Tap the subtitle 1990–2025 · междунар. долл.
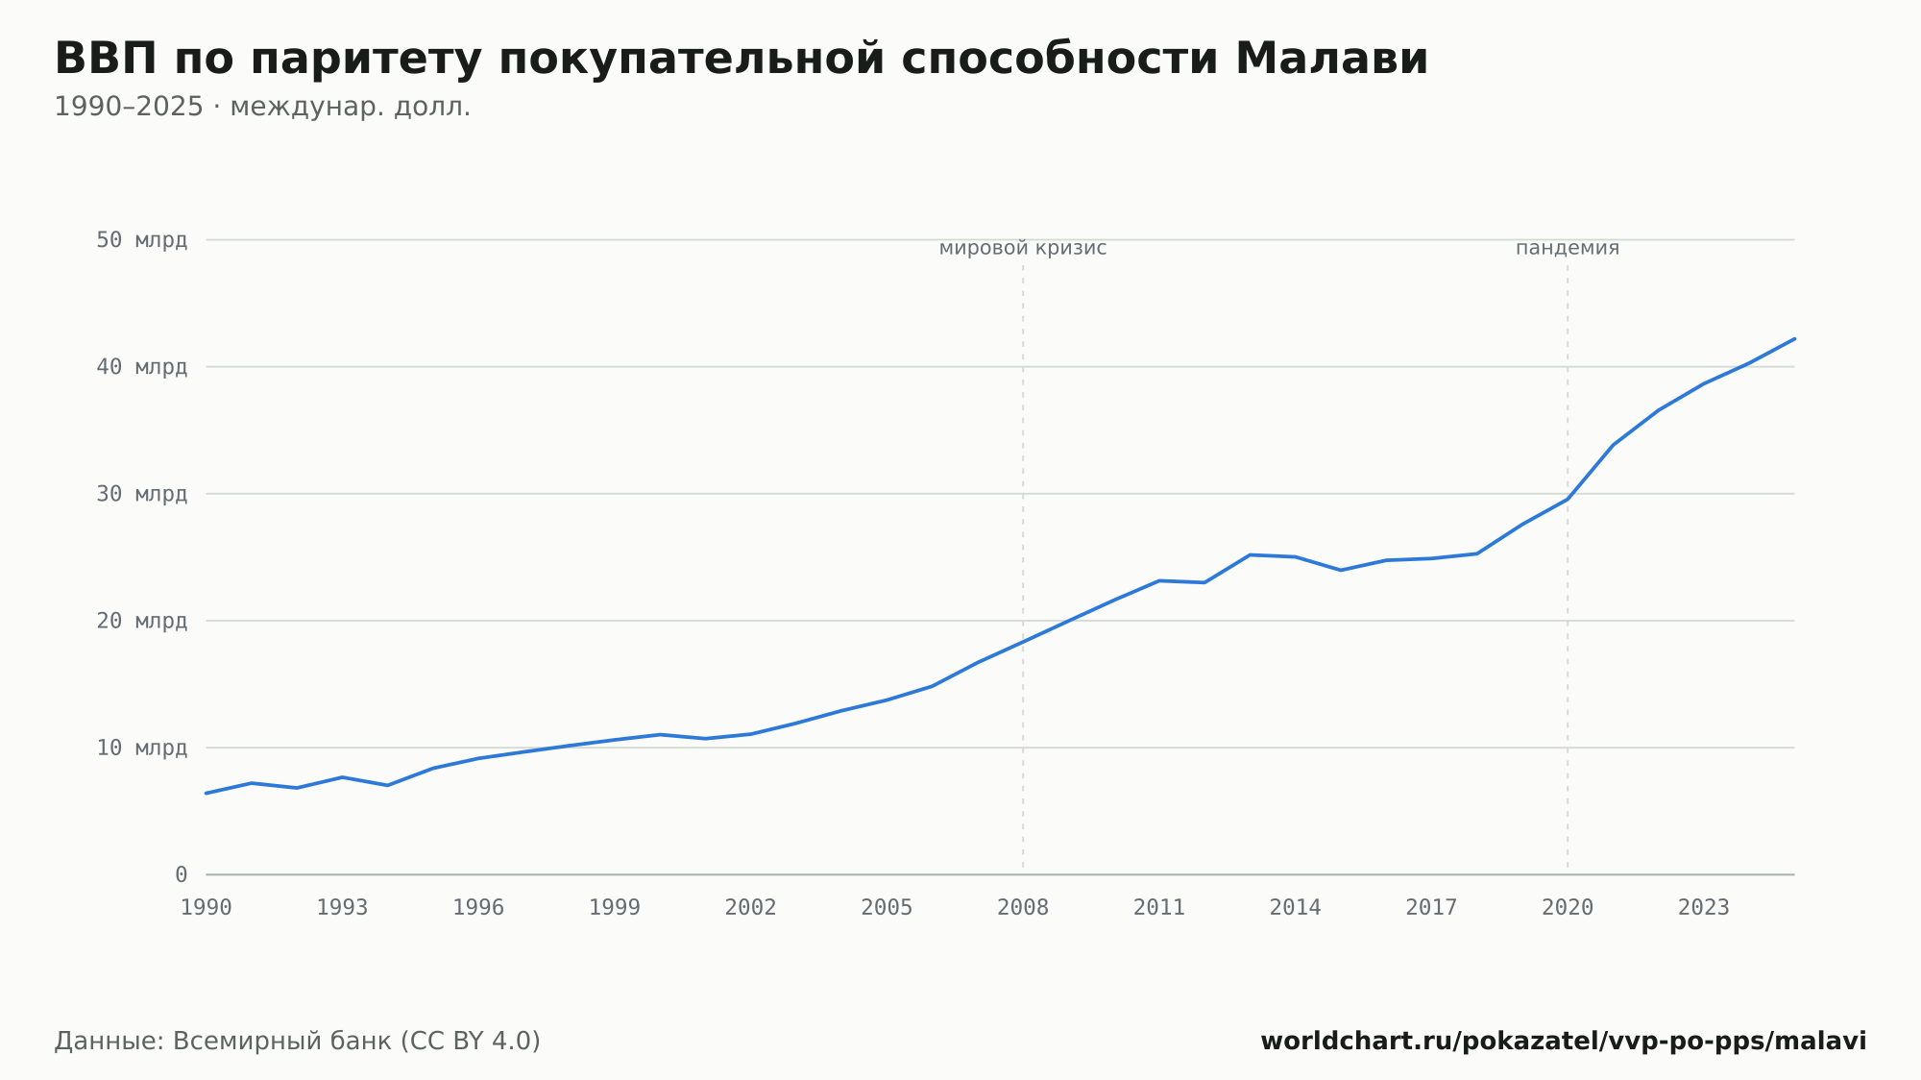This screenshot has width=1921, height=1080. [x=262, y=107]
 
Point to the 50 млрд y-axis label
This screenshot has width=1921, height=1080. [x=141, y=239]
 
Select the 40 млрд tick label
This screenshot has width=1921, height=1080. [x=141, y=366]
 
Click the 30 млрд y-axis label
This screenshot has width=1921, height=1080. [x=141, y=494]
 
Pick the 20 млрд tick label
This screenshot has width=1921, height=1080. [x=141, y=621]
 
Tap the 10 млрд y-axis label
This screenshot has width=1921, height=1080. [x=141, y=748]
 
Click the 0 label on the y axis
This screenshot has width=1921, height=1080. [x=181, y=874]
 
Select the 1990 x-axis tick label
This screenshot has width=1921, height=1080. [x=207, y=908]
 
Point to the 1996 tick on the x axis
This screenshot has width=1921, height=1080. [x=478, y=908]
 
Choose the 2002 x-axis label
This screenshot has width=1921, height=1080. [x=751, y=908]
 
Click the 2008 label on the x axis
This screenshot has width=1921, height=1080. [x=1023, y=908]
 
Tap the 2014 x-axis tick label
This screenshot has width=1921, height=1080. [x=1296, y=908]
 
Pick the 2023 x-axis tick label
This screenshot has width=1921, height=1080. [x=1704, y=908]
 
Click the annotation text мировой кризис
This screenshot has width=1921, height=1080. [x=1023, y=248]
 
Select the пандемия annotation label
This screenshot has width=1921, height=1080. [x=1568, y=248]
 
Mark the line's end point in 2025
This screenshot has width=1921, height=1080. [x=1794, y=338]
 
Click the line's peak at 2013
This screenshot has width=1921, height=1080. [x=1250, y=554]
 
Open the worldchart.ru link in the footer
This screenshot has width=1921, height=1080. [x=1564, y=1041]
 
